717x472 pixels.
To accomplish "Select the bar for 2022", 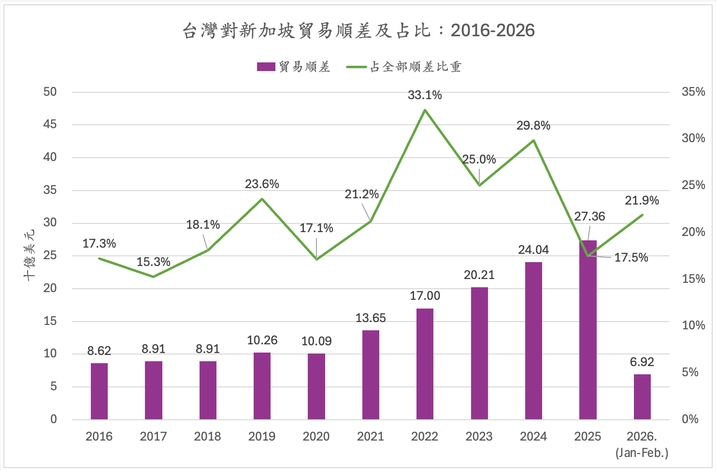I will click(425, 364).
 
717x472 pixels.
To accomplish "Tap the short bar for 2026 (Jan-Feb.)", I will click(642, 397).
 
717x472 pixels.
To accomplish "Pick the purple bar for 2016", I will click(99, 391).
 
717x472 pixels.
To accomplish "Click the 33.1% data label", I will click(425, 95).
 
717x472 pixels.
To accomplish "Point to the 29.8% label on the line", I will click(533, 126).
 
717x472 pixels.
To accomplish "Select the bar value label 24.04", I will click(533, 250).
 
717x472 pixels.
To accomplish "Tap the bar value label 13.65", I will click(371, 318).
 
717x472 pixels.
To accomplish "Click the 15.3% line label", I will click(153, 262).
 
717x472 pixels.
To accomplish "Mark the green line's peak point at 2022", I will click(425, 110).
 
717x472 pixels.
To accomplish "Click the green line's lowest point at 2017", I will click(153, 277).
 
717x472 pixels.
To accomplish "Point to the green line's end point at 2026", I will click(643, 214).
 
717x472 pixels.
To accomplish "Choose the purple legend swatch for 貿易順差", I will click(266, 67).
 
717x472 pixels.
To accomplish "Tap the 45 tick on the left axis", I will click(50, 124).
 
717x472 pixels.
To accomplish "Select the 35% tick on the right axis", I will click(693, 92).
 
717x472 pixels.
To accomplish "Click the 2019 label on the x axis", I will click(262, 436).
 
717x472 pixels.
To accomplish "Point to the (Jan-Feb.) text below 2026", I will click(642, 453).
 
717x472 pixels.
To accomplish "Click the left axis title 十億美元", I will click(30, 255).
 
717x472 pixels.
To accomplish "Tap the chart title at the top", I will click(358, 30).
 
